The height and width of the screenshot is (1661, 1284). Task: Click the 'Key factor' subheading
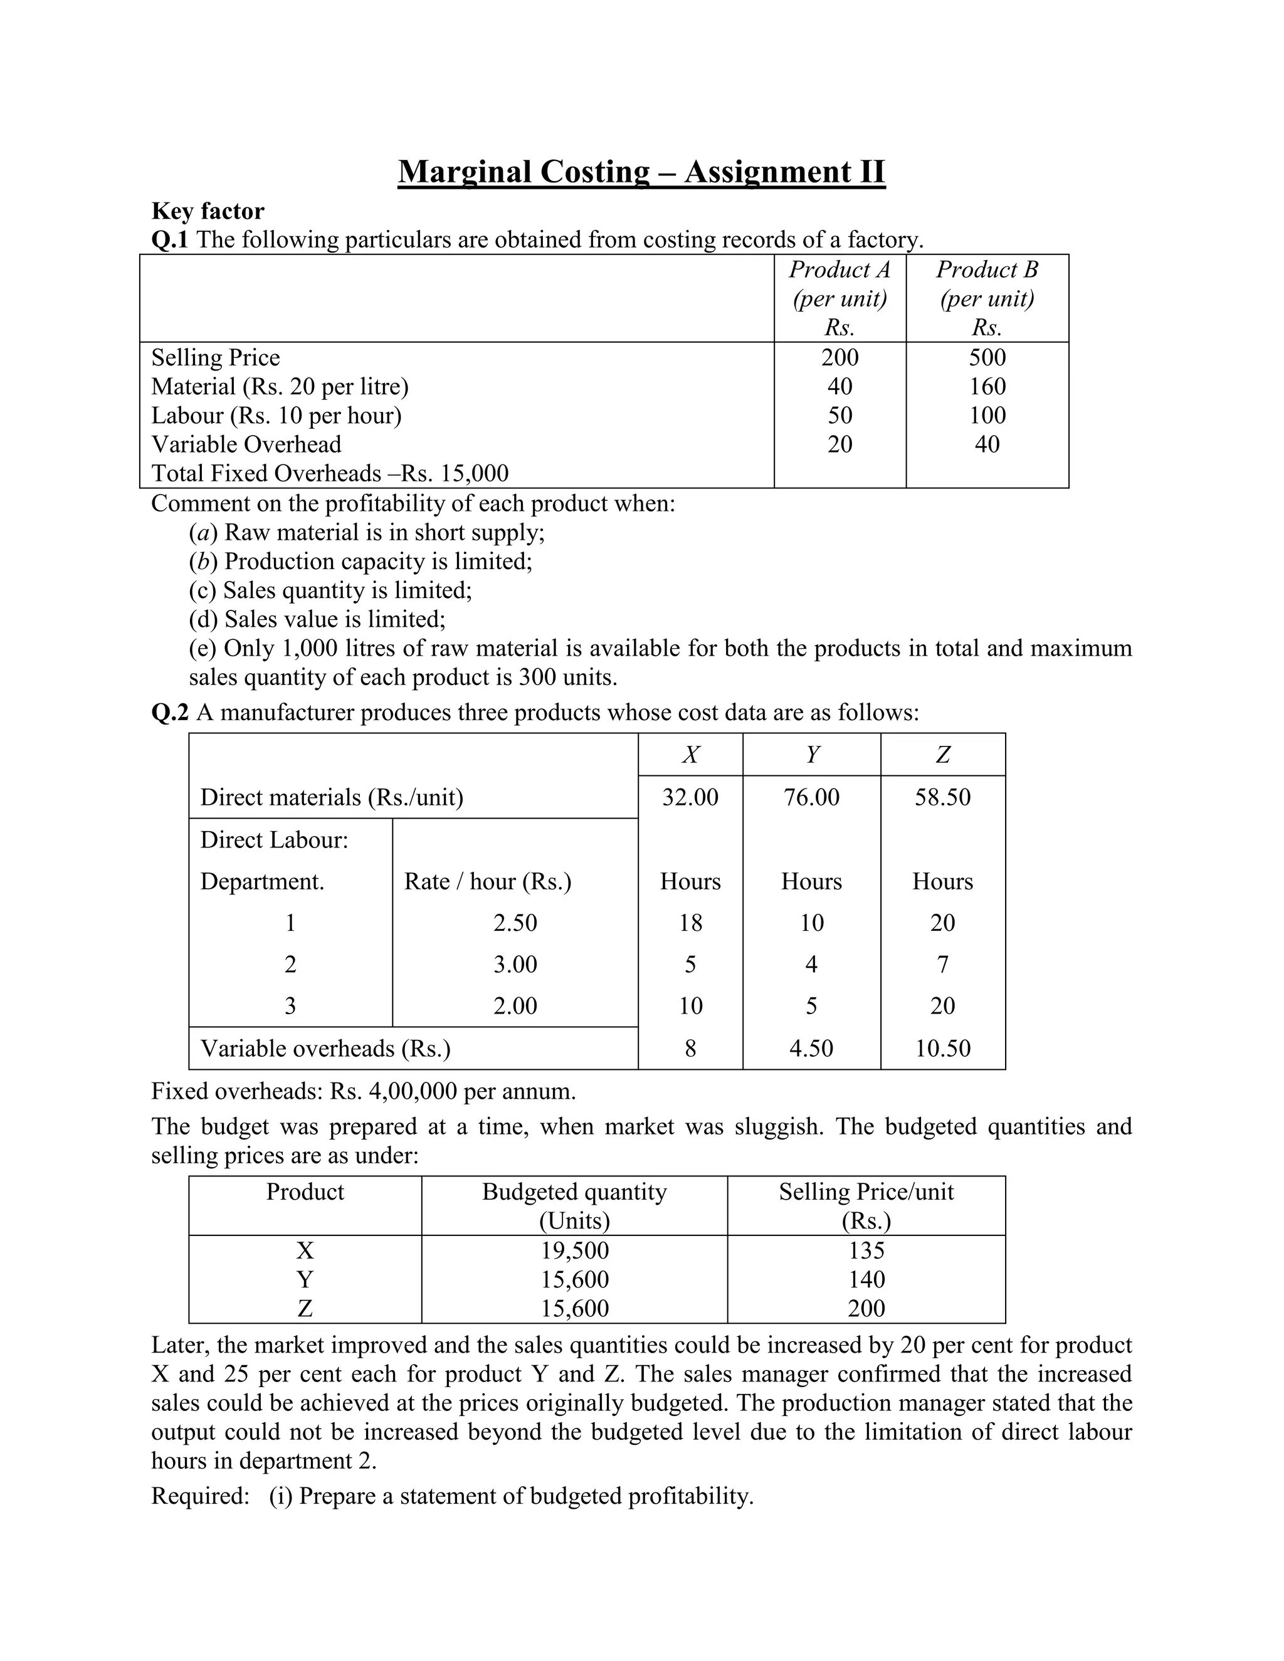pyautogui.click(x=208, y=211)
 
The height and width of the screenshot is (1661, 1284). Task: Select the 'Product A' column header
pyautogui.click(x=839, y=270)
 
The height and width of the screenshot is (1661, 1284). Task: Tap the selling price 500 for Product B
pyautogui.click(x=987, y=357)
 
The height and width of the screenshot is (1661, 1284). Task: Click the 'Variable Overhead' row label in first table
pyautogui.click(x=246, y=444)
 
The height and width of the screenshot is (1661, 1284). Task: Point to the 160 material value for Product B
pyautogui.click(x=987, y=386)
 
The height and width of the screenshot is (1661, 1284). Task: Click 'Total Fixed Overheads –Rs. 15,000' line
pyautogui.click(x=329, y=473)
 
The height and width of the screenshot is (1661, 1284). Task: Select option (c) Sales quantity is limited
pyautogui.click(x=330, y=590)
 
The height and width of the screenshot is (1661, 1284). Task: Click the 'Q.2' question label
pyautogui.click(x=170, y=713)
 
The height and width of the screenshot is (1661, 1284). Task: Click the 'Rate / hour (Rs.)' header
pyautogui.click(x=488, y=881)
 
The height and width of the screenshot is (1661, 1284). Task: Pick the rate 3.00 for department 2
pyautogui.click(x=515, y=965)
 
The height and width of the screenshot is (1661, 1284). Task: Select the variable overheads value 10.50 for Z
pyautogui.click(x=942, y=1048)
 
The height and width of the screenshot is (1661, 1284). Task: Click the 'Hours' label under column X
pyautogui.click(x=690, y=881)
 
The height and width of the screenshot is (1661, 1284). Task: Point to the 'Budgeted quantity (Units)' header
pyautogui.click(x=574, y=1205)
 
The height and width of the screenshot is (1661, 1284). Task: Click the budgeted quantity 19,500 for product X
pyautogui.click(x=574, y=1250)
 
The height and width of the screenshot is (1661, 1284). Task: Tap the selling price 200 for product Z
pyautogui.click(x=866, y=1308)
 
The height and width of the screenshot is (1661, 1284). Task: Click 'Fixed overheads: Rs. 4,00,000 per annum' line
pyautogui.click(x=363, y=1091)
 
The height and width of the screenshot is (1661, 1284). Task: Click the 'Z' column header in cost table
pyautogui.click(x=942, y=755)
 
